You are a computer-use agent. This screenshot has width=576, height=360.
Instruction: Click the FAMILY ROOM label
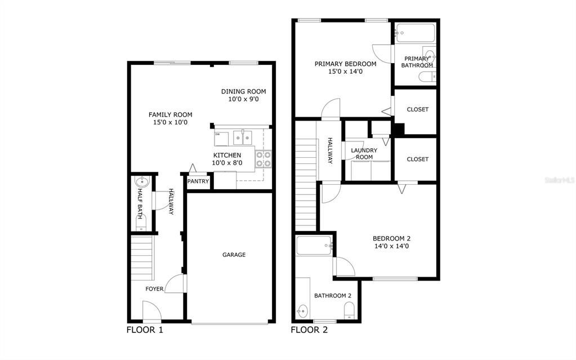[170, 118]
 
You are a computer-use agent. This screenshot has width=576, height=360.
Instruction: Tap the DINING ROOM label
[243, 95]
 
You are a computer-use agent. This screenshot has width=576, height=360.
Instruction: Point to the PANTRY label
[198, 181]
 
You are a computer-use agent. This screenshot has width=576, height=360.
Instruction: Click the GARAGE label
[234, 255]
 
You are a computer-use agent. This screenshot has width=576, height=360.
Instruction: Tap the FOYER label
[154, 289]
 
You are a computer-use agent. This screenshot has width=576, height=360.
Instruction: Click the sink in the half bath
[142, 183]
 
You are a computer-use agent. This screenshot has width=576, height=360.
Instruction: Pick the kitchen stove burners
[263, 159]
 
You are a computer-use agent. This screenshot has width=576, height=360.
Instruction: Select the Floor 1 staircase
[142, 257]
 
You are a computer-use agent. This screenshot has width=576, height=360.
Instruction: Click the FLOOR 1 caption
[145, 330]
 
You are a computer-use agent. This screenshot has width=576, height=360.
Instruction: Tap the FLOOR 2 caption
[309, 330]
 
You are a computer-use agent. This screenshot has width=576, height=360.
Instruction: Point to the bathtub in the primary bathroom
[414, 33]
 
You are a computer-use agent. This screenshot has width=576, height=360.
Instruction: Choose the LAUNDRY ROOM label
[364, 153]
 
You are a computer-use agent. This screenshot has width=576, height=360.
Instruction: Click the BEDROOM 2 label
[391, 242]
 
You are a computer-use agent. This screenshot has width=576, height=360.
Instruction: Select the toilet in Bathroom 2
[349, 310]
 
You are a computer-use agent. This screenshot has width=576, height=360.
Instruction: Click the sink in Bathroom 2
[303, 310]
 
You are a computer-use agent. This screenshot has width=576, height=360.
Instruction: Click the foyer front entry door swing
[151, 310]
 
